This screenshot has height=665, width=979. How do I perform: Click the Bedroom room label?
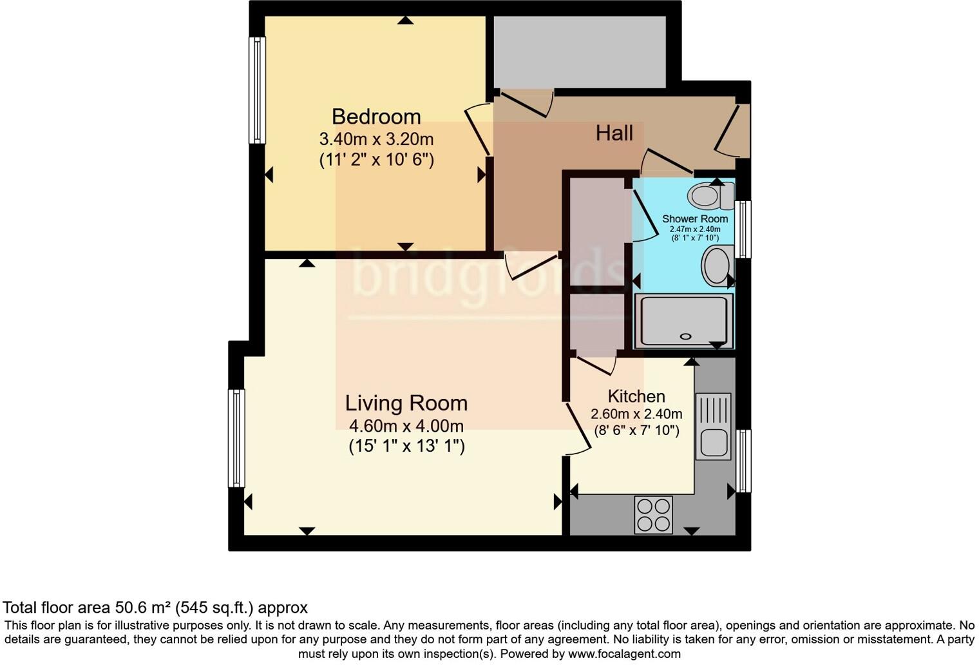point(376,117)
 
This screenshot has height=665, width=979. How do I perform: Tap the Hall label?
point(614,133)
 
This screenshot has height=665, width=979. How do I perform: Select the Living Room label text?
point(406,403)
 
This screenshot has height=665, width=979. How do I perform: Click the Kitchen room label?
point(636,396)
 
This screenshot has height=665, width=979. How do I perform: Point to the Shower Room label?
point(694,219)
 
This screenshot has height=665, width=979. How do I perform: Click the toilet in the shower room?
point(709,196)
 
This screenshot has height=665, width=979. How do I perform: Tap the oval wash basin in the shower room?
point(716,265)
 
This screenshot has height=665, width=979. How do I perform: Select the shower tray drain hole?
point(685,336)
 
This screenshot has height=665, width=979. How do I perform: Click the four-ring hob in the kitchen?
point(653,515)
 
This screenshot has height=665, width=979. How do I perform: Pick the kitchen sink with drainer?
point(713,426)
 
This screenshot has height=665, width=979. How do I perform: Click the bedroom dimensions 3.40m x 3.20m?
point(376,139)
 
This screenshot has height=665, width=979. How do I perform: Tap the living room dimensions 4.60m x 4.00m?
point(406,426)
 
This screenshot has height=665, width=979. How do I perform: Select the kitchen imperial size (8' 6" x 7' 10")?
point(636,430)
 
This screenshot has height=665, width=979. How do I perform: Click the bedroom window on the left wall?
point(257,90)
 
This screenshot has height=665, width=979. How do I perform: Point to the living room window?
point(236,438)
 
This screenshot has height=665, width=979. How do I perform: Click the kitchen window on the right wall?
point(743,460)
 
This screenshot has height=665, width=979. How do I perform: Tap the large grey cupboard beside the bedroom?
point(580,52)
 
